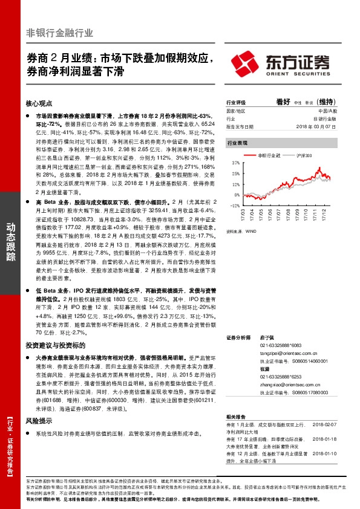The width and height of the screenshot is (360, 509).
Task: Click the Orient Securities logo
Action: point(280,62)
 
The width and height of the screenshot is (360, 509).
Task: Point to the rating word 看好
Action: point(283,102)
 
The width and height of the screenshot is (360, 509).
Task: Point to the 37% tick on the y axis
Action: point(235,163)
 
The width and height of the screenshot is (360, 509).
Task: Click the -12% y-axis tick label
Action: point(234,205)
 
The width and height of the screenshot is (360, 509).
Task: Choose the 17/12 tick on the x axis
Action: point(324,215)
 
